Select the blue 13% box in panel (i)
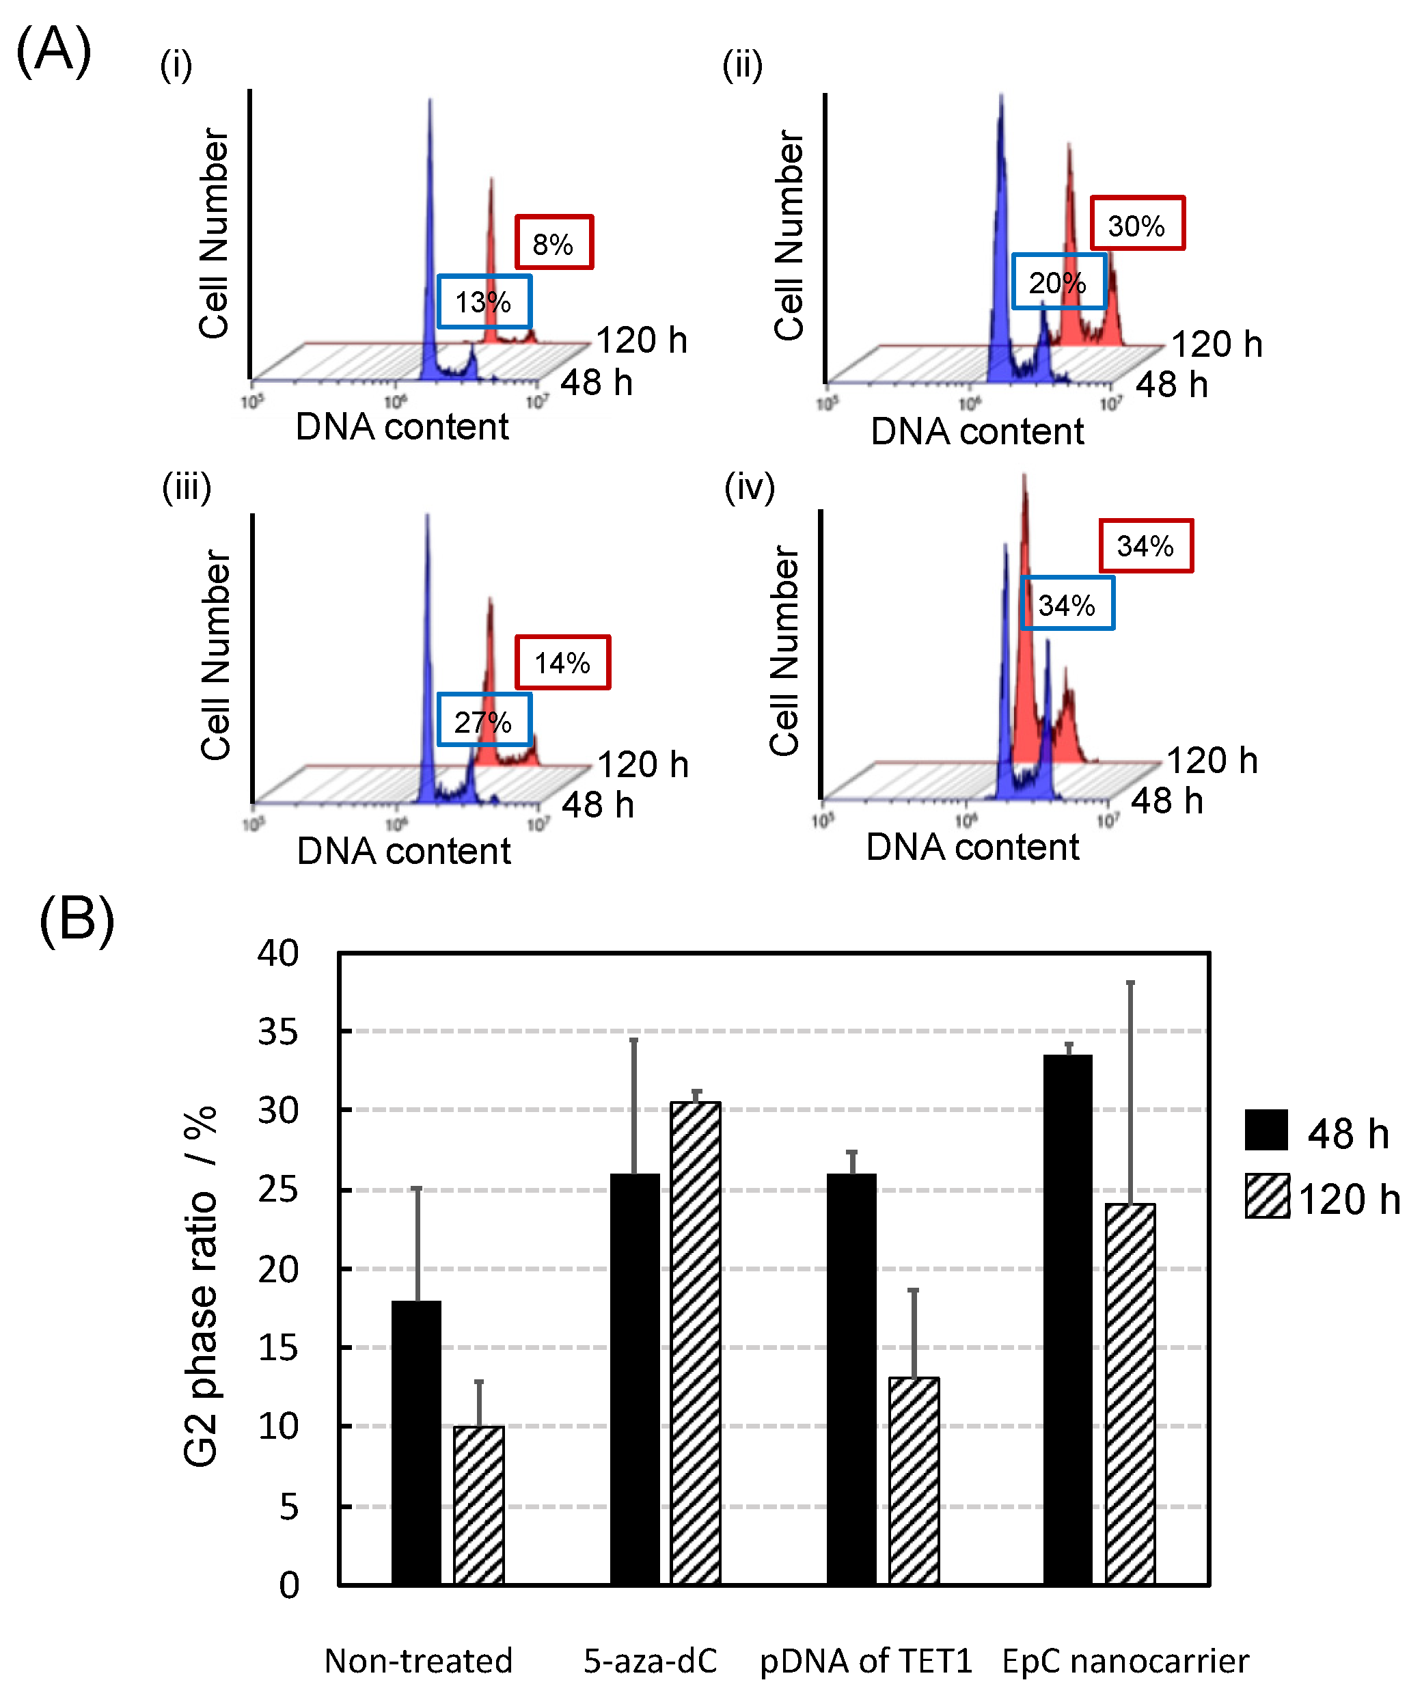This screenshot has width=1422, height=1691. tap(484, 301)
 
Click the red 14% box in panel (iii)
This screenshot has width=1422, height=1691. tap(562, 662)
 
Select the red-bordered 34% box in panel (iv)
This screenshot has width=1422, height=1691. tap(1145, 546)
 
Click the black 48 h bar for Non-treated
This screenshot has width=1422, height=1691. tap(417, 1444)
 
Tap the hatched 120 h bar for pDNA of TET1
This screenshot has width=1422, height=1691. tap(914, 1482)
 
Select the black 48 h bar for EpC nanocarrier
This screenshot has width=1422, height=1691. tap(1067, 1320)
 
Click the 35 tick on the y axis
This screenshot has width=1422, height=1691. tap(278, 1032)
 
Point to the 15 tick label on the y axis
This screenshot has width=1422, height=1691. tap(278, 1349)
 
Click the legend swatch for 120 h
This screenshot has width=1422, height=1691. tap(1266, 1196)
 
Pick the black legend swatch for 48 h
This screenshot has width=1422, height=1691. tap(1266, 1130)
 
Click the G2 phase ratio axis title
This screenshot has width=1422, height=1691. tap(200, 1286)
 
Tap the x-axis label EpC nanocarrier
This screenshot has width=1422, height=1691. tap(1125, 1661)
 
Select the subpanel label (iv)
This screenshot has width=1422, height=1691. tap(749, 488)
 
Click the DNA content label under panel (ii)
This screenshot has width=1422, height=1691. tap(977, 431)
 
